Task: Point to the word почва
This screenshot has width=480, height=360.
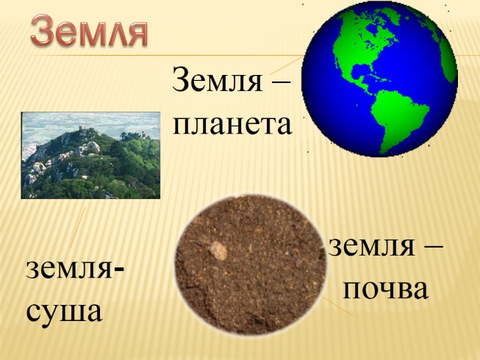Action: (385, 289)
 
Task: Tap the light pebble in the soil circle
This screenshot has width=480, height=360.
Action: (218, 250)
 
